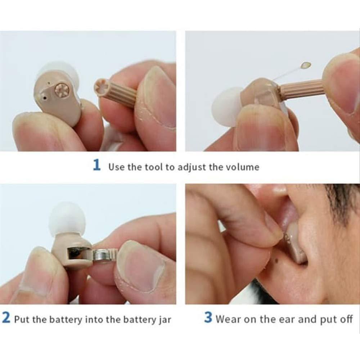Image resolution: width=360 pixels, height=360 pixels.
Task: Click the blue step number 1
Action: (96, 166)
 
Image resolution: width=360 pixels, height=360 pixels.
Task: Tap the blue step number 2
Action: (6, 319)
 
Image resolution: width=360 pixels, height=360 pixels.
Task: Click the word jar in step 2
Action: (164, 320)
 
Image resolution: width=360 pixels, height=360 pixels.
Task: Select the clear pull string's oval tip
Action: (306, 65)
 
